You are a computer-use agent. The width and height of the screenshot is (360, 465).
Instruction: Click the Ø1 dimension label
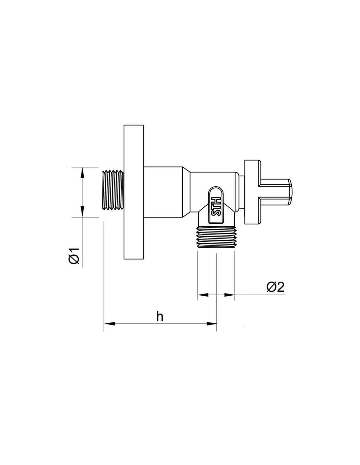pos(74,256)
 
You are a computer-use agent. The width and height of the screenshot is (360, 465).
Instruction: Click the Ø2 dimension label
pos(276,287)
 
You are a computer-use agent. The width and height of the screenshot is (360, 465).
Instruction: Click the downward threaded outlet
pos(216,237)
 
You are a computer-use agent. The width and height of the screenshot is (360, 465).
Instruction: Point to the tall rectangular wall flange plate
pos(134,192)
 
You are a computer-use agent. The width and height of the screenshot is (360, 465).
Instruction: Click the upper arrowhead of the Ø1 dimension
pos(82,172)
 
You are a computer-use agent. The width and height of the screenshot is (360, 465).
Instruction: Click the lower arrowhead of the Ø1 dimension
pos(82,212)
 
